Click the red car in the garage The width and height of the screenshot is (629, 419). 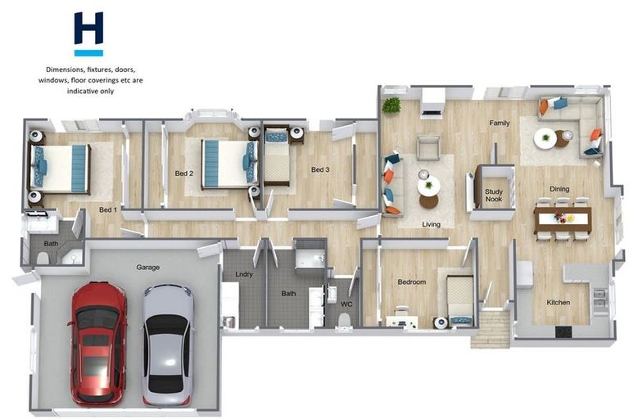tap(98, 343)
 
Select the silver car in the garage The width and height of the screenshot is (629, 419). tap(168, 345)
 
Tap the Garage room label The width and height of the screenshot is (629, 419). tap(147, 267)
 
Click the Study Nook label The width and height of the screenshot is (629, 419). tap(494, 196)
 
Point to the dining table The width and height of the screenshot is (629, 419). tap(563, 219)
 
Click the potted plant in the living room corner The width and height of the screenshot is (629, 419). tap(391, 106)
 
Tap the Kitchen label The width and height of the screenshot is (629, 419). tap(558, 302)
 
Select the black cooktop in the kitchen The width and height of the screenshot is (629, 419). tap(563, 331)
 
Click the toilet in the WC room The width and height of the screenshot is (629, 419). tap(344, 321)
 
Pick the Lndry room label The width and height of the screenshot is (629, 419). tap(244, 274)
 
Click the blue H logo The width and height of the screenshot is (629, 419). tap(88, 34)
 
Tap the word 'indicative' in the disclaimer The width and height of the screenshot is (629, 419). tap(81, 91)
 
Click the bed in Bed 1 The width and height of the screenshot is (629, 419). tap(59, 169)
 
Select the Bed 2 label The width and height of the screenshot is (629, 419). tap(184, 173)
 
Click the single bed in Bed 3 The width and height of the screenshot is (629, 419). tap(277, 156)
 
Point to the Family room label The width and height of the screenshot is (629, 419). tap(500, 123)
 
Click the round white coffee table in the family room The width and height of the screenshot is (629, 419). tap(545, 139)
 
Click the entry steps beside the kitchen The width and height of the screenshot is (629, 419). tap(491, 329)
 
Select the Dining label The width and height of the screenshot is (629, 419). tap(559, 189)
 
